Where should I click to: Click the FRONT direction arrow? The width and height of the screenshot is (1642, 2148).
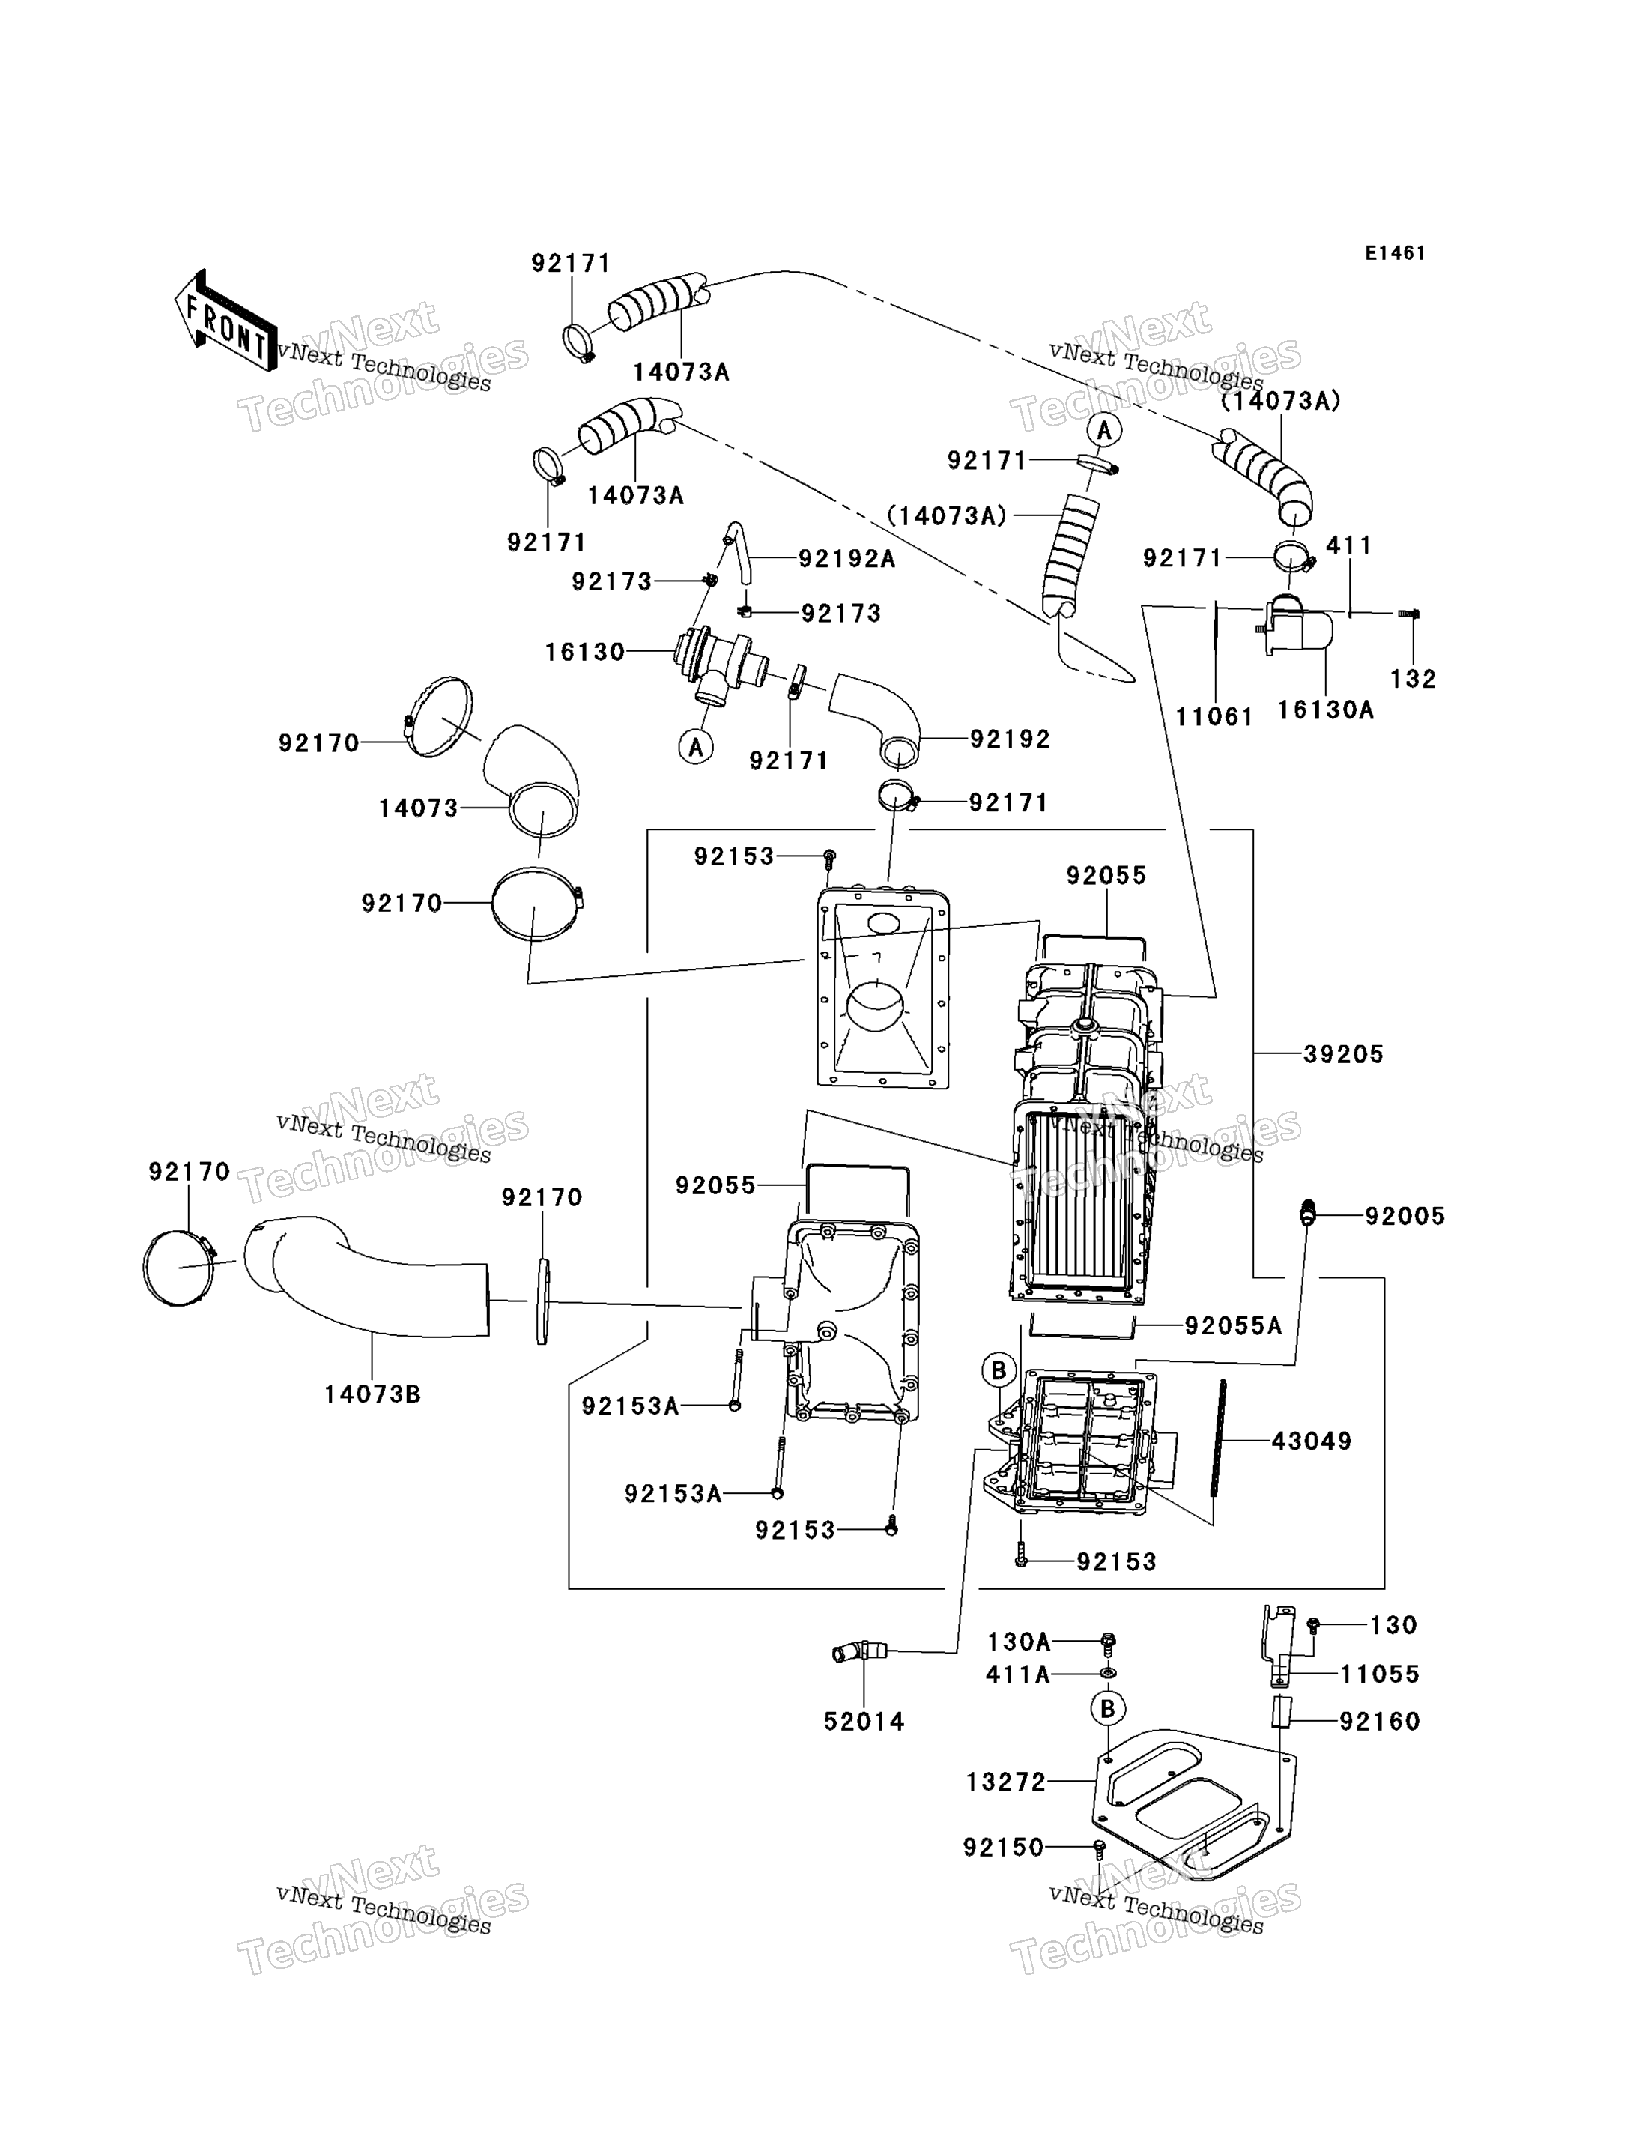pos(225,320)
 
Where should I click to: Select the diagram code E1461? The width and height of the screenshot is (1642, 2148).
pos(1395,253)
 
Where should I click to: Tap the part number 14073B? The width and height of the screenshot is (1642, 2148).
pos(372,1394)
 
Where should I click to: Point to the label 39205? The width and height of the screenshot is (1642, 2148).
pos(1343,1054)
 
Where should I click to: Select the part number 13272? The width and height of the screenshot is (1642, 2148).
pos(1006,1782)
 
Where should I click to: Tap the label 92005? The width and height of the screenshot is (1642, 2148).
pos(1405,1216)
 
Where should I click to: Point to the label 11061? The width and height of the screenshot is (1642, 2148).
pos(1214,717)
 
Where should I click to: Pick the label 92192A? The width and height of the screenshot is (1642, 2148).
pos(847,558)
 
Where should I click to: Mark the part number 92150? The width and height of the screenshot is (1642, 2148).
pos(1004,1847)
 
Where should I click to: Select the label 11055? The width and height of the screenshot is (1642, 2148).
pos(1379,1674)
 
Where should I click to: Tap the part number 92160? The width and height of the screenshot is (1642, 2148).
pos(1379,1722)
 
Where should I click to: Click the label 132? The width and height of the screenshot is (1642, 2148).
pos(1414,679)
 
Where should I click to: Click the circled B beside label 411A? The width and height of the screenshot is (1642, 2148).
pos(1107,1708)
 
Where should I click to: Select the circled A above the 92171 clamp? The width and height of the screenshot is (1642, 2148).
pos(1104,429)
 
